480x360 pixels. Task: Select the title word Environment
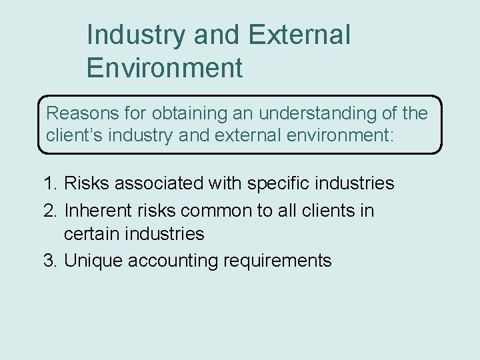[164, 68]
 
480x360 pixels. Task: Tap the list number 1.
[49, 183]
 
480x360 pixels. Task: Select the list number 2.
[49, 211]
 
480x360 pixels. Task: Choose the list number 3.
[49, 260]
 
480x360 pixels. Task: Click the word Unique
[90, 261]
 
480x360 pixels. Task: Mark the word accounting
[169, 261]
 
